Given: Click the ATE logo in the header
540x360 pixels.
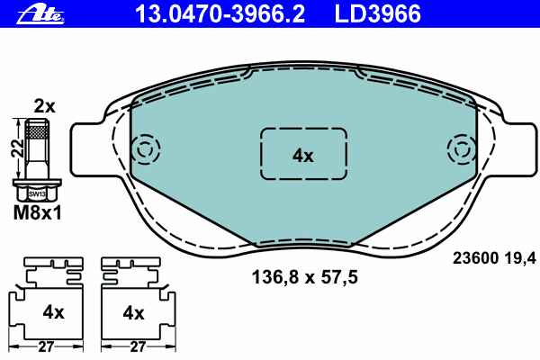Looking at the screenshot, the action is (x=40, y=15).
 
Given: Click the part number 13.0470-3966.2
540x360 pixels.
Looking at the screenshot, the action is (x=220, y=14).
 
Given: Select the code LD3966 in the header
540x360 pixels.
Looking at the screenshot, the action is (x=377, y=14).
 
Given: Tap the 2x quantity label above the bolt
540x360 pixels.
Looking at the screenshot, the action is (x=44, y=106).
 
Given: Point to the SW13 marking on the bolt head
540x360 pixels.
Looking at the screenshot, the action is (x=37, y=194).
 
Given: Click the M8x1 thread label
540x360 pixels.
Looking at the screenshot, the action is (x=37, y=213).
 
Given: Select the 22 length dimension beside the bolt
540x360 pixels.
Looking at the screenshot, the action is (x=18, y=148).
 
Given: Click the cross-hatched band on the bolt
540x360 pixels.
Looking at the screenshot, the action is (x=37, y=131).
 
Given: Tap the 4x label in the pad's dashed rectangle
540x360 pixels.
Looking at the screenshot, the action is (x=303, y=156).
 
